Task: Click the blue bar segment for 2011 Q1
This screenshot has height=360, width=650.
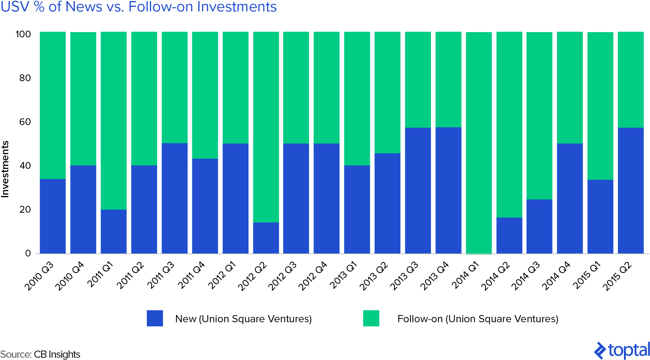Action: (x=114, y=231)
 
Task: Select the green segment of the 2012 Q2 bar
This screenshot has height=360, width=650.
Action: (x=266, y=127)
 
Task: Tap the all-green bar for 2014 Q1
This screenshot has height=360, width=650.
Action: (x=479, y=143)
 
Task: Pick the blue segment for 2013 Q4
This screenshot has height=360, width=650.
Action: (x=448, y=190)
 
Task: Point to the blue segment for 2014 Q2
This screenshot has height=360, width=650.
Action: (x=509, y=235)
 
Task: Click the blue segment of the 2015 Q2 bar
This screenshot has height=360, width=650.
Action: (x=631, y=190)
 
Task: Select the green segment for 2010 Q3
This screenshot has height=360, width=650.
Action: (x=53, y=105)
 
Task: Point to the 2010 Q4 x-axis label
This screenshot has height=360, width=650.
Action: (x=69, y=276)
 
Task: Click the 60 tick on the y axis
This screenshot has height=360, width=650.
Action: (x=25, y=122)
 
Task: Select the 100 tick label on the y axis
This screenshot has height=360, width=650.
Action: (x=23, y=34)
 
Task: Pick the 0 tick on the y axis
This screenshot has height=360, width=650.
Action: (x=28, y=253)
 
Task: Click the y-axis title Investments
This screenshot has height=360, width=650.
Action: (x=5, y=169)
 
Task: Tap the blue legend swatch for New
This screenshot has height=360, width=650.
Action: (x=155, y=318)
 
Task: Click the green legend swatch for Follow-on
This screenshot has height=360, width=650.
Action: (x=371, y=318)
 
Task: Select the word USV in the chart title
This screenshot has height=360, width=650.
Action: (x=15, y=7)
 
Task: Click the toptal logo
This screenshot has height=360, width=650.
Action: (x=622, y=350)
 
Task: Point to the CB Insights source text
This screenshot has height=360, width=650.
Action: (x=57, y=354)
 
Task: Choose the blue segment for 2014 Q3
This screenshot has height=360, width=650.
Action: (x=539, y=226)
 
